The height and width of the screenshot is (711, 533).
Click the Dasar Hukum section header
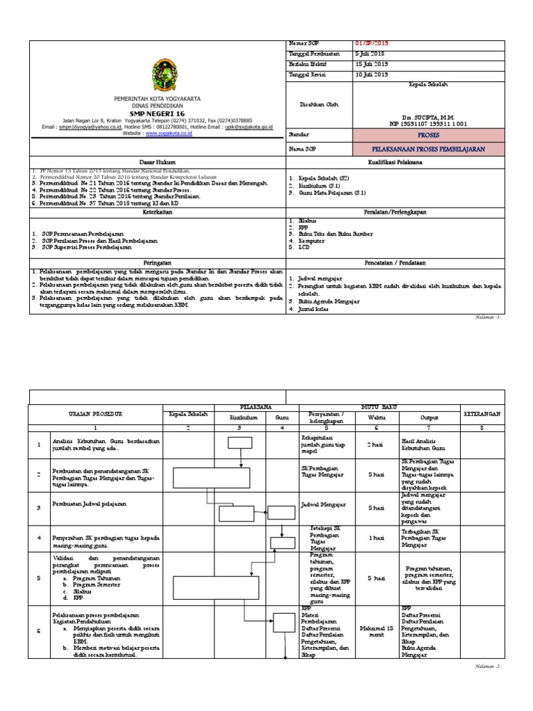[158, 162]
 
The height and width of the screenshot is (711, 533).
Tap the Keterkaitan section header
[158, 215]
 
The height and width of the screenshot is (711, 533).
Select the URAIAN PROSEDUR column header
[95, 414]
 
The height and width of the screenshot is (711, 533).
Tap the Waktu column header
[375, 417]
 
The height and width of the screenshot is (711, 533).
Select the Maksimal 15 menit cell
[375, 630]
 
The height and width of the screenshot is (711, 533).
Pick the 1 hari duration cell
[375, 537]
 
